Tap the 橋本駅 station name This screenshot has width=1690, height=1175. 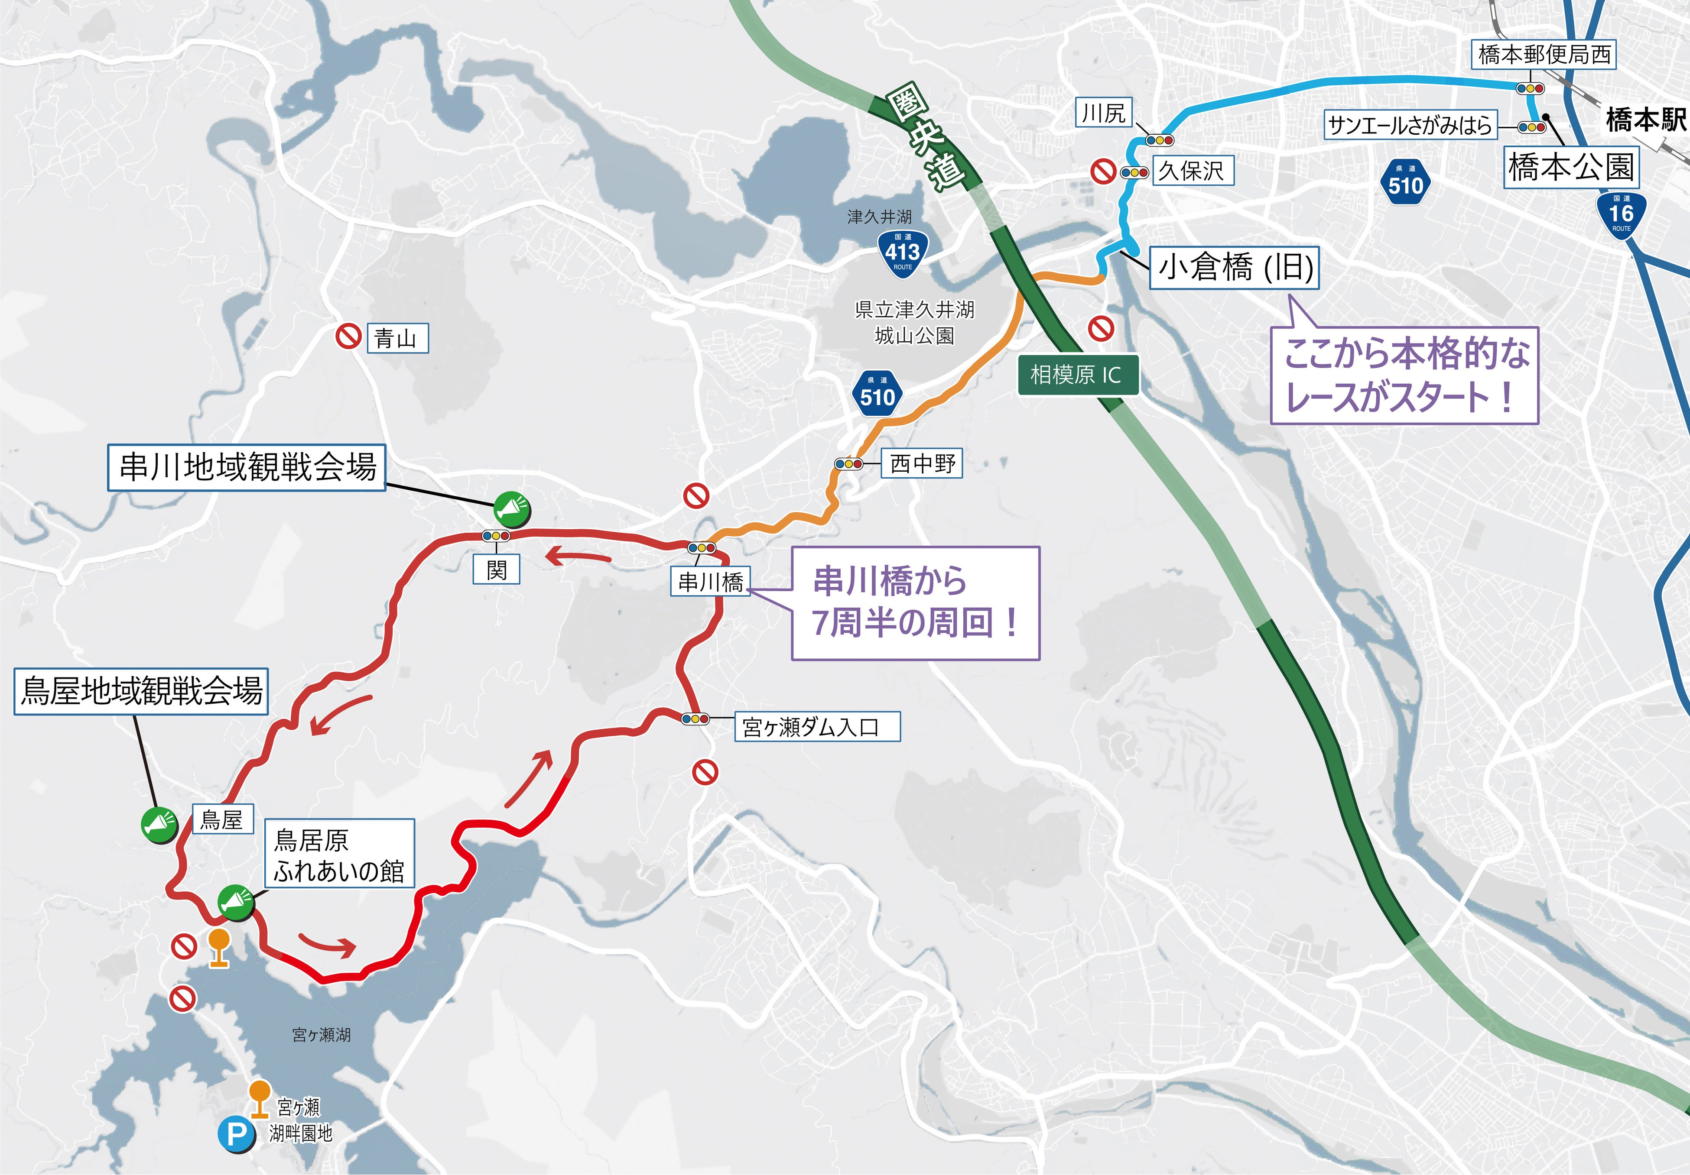pyautogui.click(x=1646, y=119)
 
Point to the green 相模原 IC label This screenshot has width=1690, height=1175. pyautogui.click(x=1078, y=375)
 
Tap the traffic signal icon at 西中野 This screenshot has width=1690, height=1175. pyautogui.click(x=848, y=464)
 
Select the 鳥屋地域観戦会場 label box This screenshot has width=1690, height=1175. pyautogui.click(x=140, y=691)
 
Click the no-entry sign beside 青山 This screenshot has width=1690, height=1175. pyautogui.click(x=348, y=337)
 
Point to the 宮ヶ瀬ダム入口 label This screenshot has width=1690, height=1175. pyautogui.click(x=816, y=727)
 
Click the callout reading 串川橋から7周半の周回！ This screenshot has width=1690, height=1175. pyautogui.click(x=915, y=602)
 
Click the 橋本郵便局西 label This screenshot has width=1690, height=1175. pyautogui.click(x=1544, y=55)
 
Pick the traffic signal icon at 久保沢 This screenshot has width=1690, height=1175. pyautogui.click(x=1134, y=173)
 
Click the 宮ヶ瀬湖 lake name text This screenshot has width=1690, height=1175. pyautogui.click(x=321, y=1035)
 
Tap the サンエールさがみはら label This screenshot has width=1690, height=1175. pyautogui.click(x=1409, y=126)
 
